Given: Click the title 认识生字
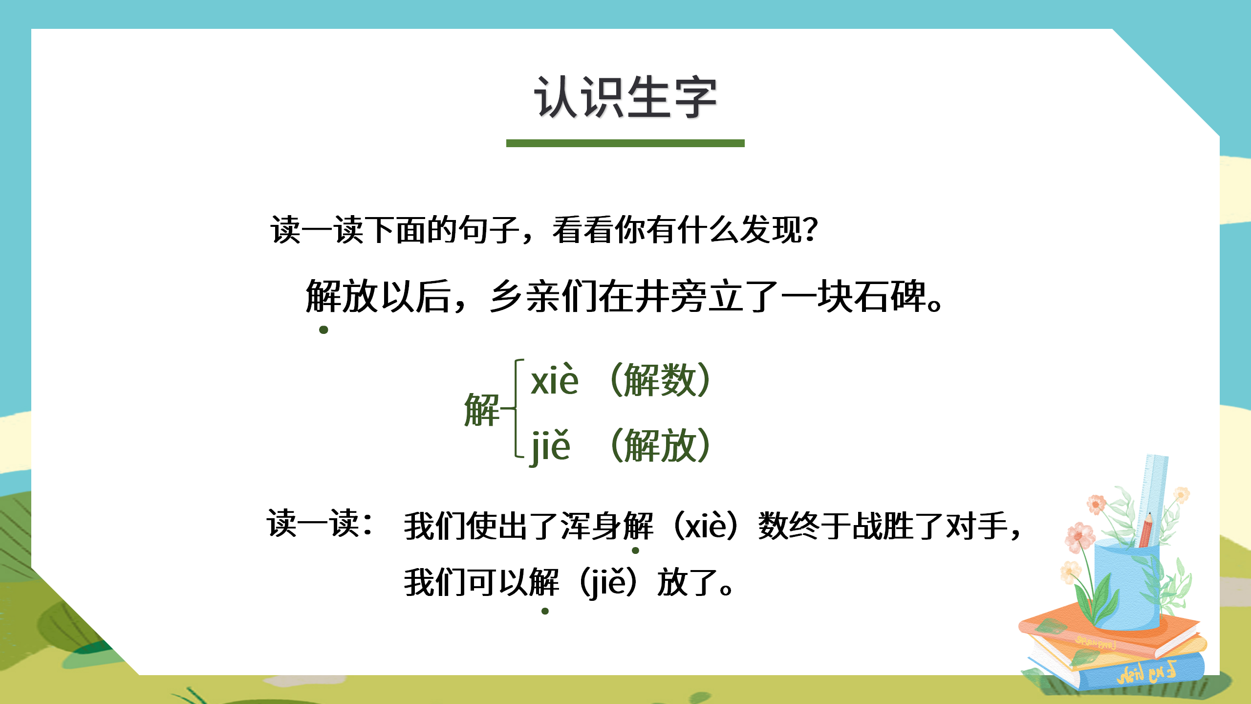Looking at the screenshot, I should pyautogui.click(x=625, y=98).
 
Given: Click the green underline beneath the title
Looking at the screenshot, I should pyautogui.click(x=625, y=143).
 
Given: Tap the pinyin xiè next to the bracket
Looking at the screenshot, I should pyautogui.click(x=555, y=380).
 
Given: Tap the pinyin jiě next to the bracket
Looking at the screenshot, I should pyautogui.click(x=550, y=446).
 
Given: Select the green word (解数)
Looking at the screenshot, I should pyautogui.click(x=660, y=380).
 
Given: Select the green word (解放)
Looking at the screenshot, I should pyautogui.click(x=660, y=446).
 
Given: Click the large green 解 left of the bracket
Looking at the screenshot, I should pyautogui.click(x=481, y=410).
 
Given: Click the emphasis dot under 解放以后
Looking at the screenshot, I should pyautogui.click(x=324, y=330).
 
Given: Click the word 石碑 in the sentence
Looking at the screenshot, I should pyautogui.click(x=889, y=296).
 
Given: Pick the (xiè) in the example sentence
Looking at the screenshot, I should pyautogui.click(x=706, y=526).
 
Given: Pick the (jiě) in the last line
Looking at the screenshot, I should pyautogui.click(x=608, y=582).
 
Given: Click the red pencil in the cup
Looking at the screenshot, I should pyautogui.click(x=1145, y=530).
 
